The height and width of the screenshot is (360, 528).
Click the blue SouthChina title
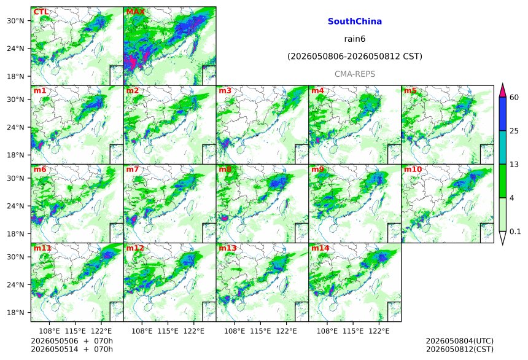click(x=355, y=22)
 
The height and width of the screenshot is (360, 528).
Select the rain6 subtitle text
click(x=355, y=39)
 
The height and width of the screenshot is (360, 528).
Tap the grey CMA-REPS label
click(x=355, y=74)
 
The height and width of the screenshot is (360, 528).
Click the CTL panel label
click(x=41, y=12)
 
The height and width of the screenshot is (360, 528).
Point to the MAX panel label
click(x=135, y=12)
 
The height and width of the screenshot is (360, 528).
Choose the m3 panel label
click(x=225, y=91)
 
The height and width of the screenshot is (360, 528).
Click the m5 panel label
click(x=410, y=91)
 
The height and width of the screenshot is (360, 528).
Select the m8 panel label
click(x=225, y=169)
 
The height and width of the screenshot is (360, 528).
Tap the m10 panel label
click(x=413, y=169)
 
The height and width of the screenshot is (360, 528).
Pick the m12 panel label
click(x=135, y=248)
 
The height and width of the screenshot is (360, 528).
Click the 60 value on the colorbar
click(x=514, y=98)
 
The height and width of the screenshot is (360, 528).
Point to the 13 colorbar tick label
click(x=514, y=165)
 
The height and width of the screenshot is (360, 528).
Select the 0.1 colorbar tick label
click(x=515, y=232)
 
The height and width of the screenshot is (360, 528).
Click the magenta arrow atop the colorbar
click(x=503, y=90)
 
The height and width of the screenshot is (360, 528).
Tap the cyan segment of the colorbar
click(x=503, y=147)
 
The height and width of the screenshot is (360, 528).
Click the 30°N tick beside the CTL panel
click(x=15, y=21)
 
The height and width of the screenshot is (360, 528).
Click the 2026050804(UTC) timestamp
click(x=460, y=341)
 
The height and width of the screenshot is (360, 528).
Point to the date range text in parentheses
click(x=355, y=57)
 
